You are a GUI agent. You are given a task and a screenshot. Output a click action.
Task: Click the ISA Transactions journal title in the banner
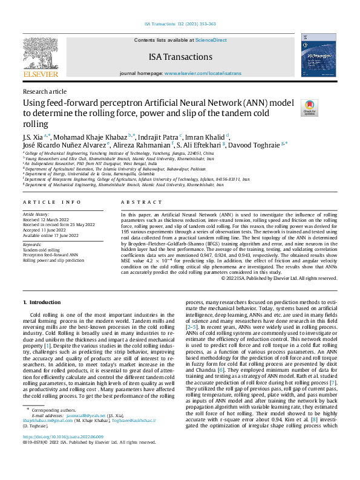180,57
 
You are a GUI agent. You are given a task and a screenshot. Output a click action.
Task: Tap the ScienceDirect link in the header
211,40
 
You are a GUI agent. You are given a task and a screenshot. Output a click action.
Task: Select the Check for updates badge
309,108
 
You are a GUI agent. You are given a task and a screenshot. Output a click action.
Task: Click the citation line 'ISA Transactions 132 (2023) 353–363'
179,25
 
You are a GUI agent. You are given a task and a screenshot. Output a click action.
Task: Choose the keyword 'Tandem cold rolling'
42,250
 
